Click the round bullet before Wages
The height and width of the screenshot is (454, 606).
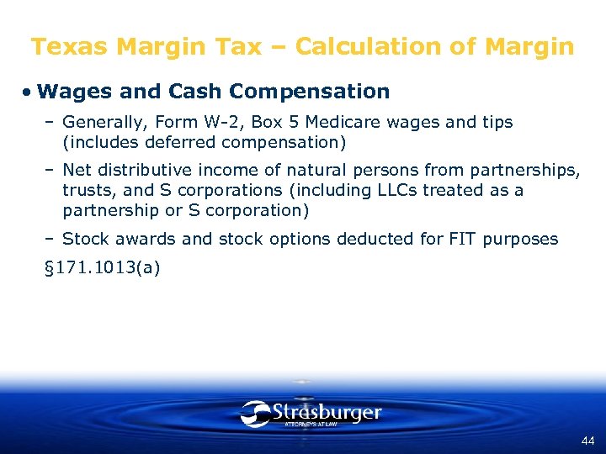pyautogui.click(x=28, y=92)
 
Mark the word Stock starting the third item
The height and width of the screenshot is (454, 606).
pyautogui.click(x=84, y=239)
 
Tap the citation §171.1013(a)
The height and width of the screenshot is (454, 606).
pyautogui.click(x=102, y=268)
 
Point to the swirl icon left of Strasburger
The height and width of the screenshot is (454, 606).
pyautogui.click(x=254, y=413)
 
